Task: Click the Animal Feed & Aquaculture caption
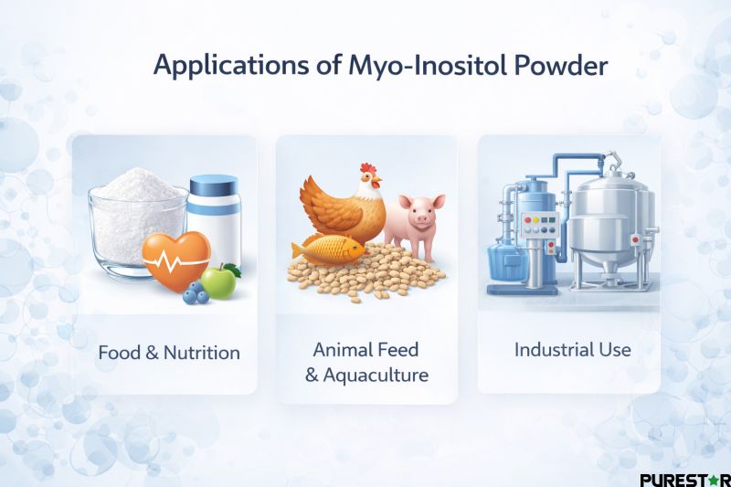[x=365, y=362]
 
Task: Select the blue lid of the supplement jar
[x=214, y=188]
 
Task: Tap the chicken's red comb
[x=367, y=170]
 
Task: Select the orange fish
[x=326, y=249]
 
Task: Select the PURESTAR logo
[x=683, y=479]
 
